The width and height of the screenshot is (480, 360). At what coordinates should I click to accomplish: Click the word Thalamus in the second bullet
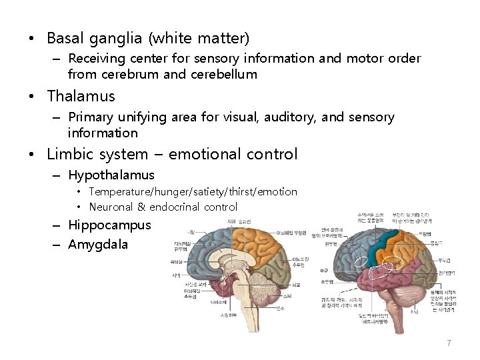coord(81,96)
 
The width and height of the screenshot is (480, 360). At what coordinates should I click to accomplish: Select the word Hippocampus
coord(109,225)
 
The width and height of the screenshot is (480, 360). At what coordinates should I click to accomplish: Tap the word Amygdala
coord(98,244)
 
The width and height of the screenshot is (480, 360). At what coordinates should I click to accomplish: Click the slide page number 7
coord(449,343)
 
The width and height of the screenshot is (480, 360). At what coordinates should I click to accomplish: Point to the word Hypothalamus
coord(111,175)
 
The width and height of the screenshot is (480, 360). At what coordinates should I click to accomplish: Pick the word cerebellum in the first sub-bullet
coord(223,74)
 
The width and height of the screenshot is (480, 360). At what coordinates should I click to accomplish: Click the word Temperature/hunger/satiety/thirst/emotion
coord(193,192)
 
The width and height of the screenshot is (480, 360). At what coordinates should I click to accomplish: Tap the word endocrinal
coord(175,207)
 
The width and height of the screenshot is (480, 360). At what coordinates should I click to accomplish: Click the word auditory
coord(293,117)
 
